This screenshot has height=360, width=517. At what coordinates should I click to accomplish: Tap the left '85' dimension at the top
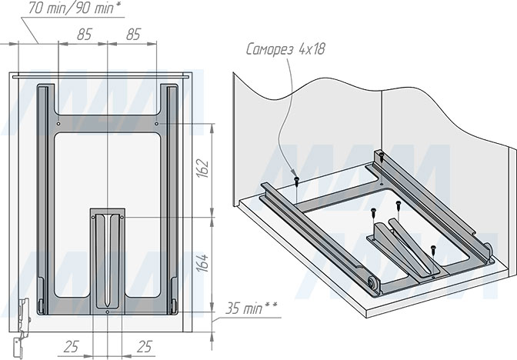tap(84, 35)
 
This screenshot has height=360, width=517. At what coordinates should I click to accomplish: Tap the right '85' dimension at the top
tap(134, 35)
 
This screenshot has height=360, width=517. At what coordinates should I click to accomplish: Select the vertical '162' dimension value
tap(202, 168)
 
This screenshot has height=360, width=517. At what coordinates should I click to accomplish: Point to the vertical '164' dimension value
tap(202, 263)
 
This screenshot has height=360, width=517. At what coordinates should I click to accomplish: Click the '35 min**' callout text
tap(252, 309)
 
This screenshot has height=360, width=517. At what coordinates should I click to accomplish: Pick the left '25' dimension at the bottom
tap(72, 347)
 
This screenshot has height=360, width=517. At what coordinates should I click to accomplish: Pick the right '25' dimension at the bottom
tap(144, 347)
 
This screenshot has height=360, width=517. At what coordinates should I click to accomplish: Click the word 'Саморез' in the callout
tap(269, 49)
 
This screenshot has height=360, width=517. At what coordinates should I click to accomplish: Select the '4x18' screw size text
tap(312, 48)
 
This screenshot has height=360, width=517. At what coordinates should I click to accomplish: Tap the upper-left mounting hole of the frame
tap(58, 124)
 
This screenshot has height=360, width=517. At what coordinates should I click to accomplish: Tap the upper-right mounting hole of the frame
tap(157, 124)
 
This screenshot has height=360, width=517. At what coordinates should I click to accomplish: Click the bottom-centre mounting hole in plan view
tap(108, 312)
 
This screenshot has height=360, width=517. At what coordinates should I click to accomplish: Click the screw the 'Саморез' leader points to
tap(296, 180)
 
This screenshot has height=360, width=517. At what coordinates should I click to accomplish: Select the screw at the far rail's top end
tap(381, 157)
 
